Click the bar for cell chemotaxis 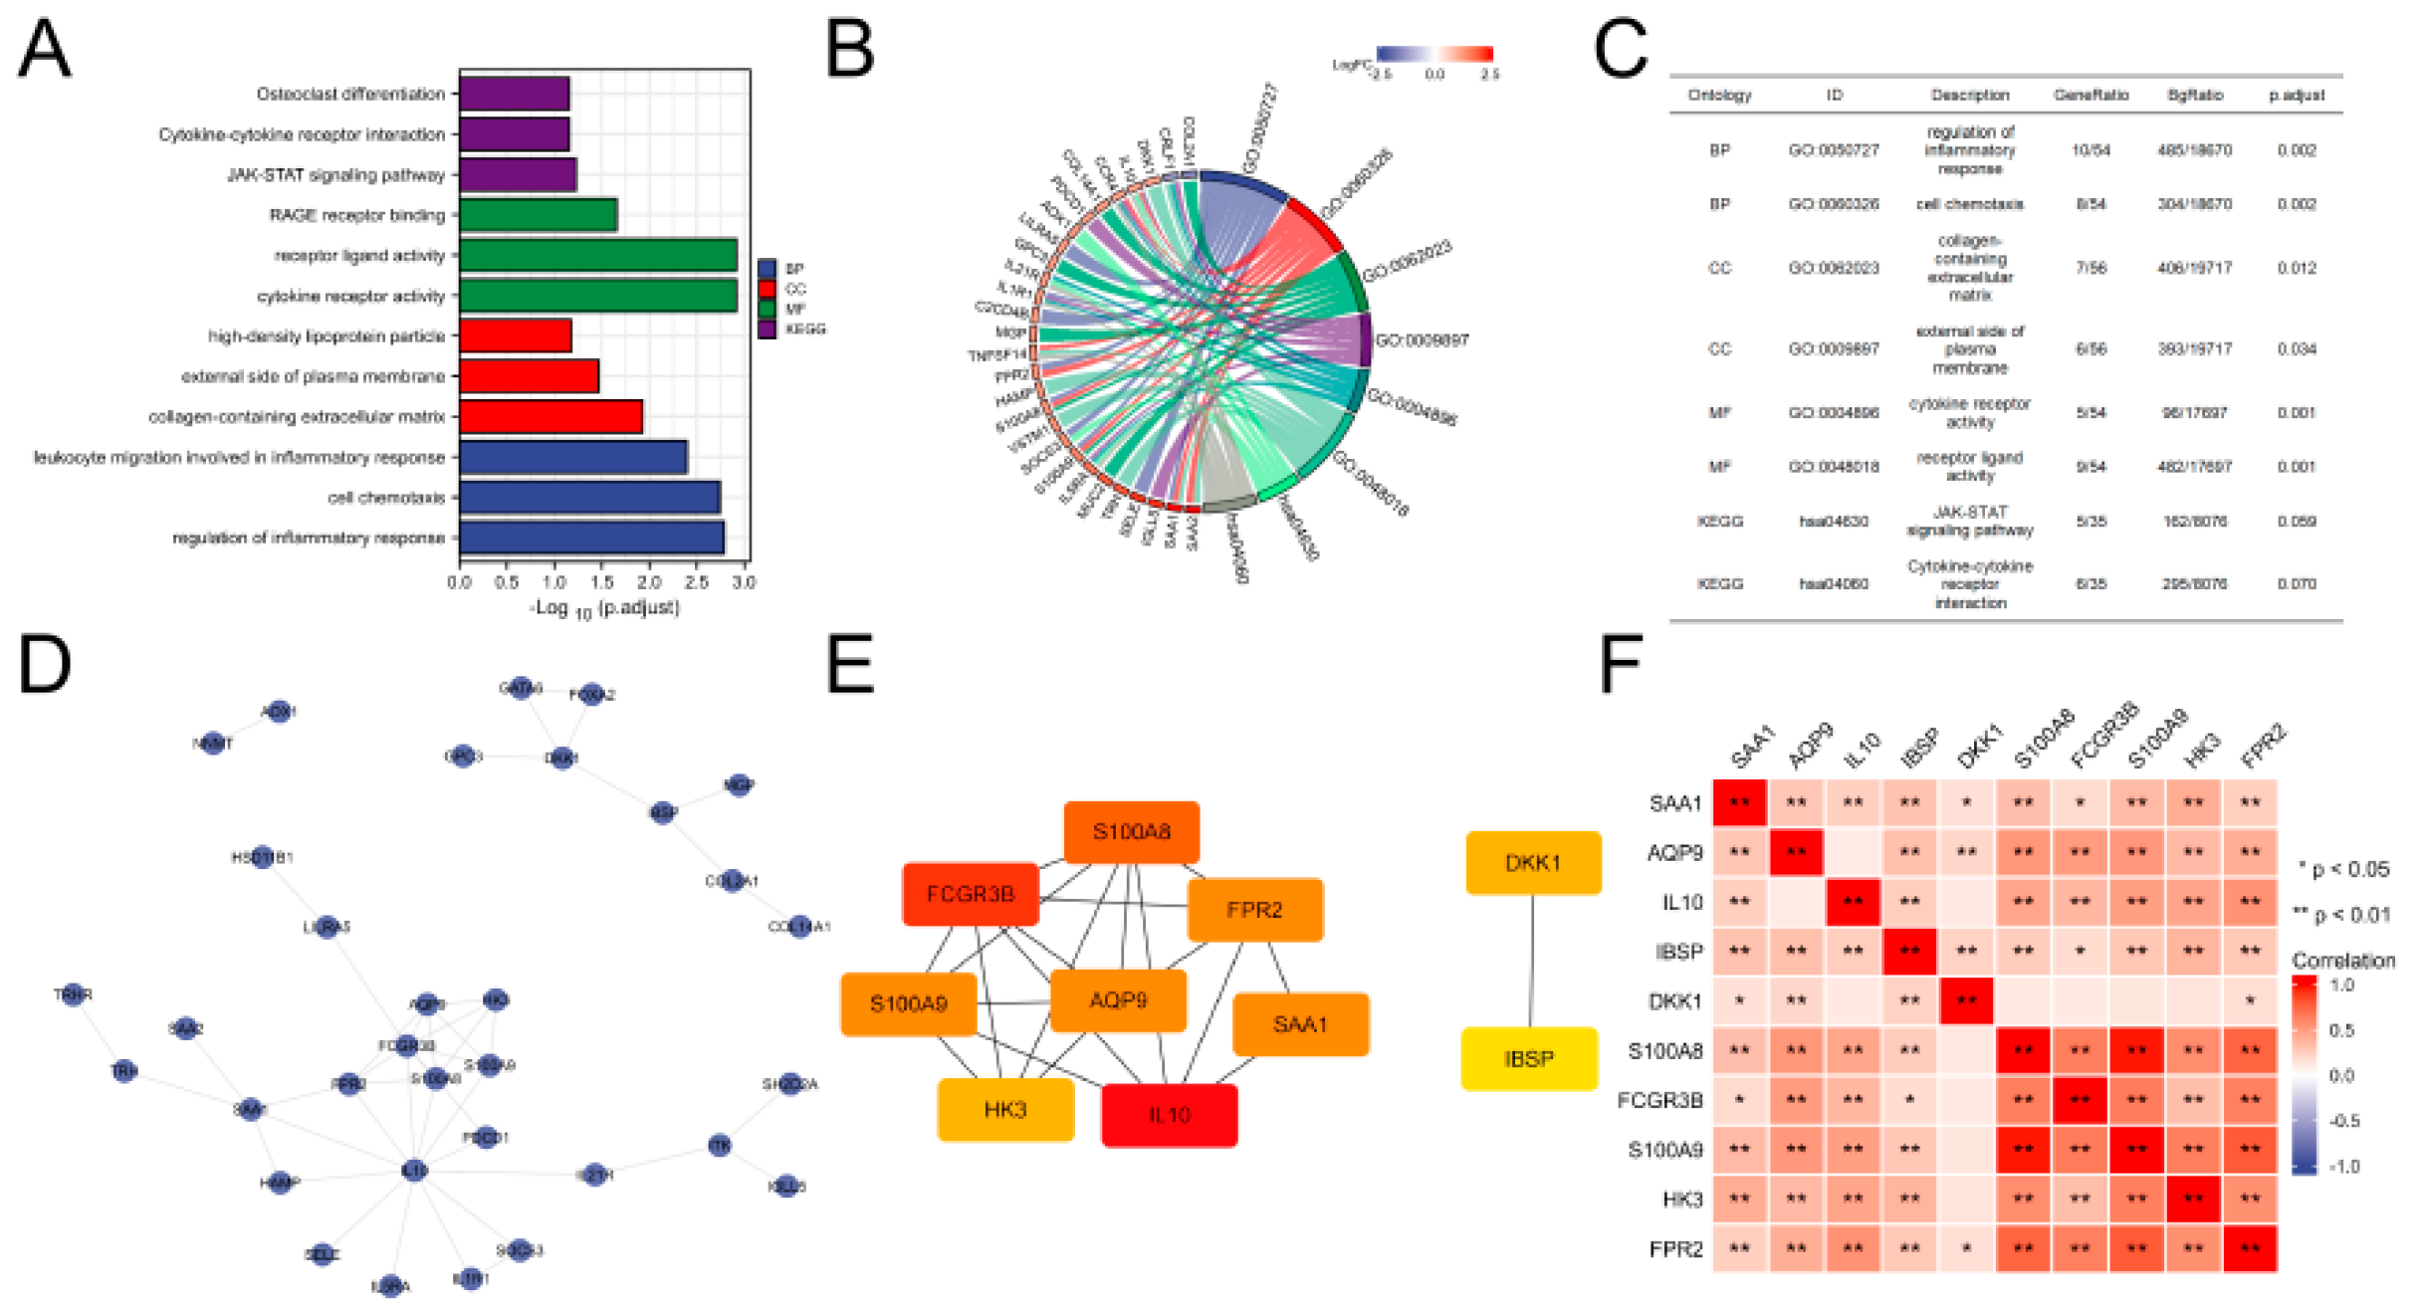[589, 498]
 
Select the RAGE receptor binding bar [538, 215]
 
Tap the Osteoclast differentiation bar [514, 94]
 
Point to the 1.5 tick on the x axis [601, 582]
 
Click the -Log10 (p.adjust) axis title [604, 608]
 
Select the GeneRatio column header [2091, 96]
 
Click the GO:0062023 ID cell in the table [1834, 268]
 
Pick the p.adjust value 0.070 [2296, 583]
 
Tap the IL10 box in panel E [1169, 1115]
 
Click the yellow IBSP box [1528, 1059]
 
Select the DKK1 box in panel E [1533, 863]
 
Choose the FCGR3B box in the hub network [971, 894]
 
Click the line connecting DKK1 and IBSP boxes [1531, 961]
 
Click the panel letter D [45, 665]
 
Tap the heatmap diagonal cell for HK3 [2193, 1199]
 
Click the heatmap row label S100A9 [1664, 1151]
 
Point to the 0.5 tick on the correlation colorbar [2341, 1030]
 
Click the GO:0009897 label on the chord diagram [1421, 340]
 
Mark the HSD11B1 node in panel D [263, 857]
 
